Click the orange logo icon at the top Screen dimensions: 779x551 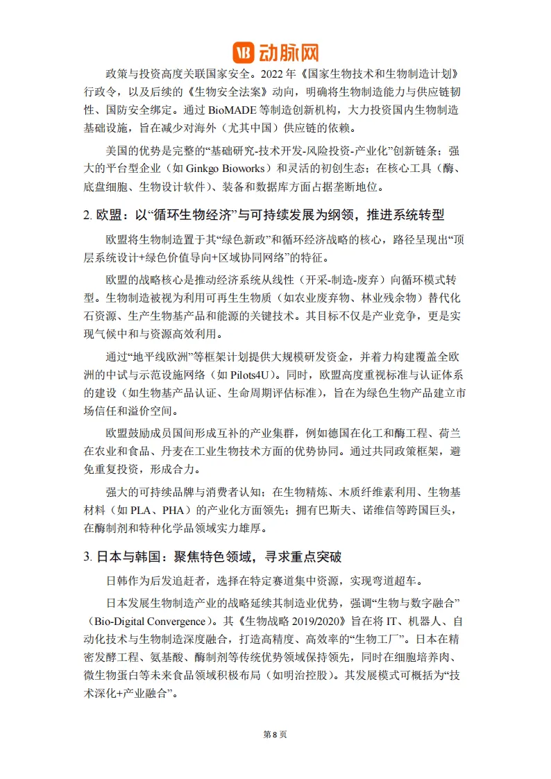[x=243, y=52]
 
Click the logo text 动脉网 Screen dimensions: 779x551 [x=289, y=52]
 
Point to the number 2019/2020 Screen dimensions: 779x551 [x=314, y=619]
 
